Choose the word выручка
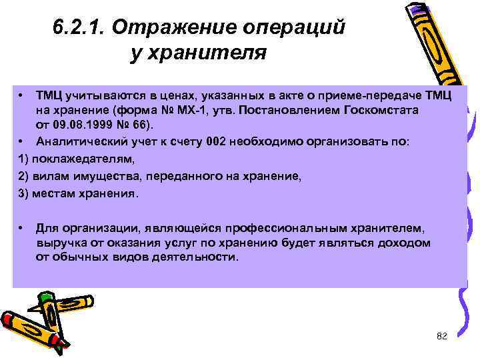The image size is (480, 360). click(x=59, y=243)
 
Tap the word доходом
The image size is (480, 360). click(x=405, y=243)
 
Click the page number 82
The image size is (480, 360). click(x=441, y=336)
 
